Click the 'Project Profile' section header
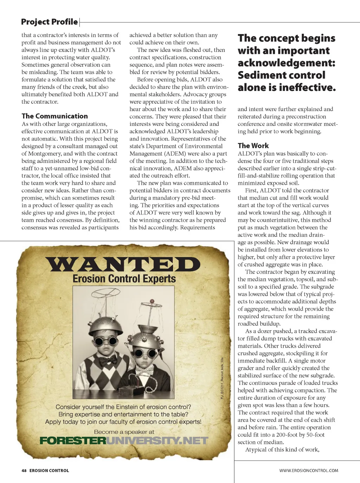[49, 22]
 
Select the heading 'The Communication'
[54, 116]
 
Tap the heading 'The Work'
[253, 145]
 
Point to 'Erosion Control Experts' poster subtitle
[124, 279]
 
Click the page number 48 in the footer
[24, 470]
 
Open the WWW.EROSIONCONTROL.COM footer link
[309, 470]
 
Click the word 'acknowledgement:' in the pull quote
[287, 63]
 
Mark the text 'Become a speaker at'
[124, 432]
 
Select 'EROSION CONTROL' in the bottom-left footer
[49, 470]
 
